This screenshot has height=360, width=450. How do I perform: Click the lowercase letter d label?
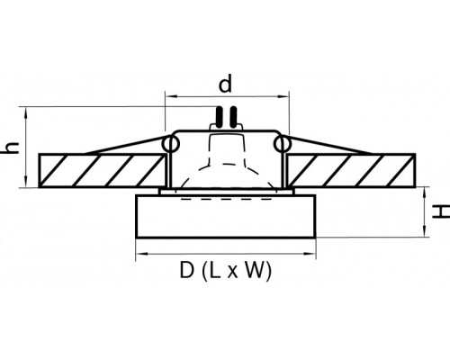point(225,84)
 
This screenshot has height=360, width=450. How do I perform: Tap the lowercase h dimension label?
point(12,148)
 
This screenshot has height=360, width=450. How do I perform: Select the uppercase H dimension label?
point(440,211)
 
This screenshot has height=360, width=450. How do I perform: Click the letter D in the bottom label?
point(186,270)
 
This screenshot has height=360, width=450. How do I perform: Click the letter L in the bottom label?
point(215,270)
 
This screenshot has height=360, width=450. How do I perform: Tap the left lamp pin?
point(219,117)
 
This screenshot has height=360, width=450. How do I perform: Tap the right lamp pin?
point(234,117)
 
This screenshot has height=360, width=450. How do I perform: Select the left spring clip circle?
point(171,144)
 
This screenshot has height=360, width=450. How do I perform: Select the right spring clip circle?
point(283,144)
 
